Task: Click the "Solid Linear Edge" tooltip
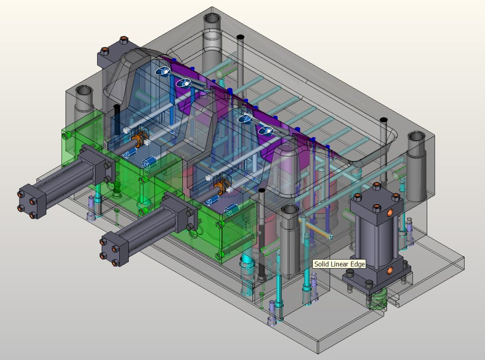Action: coord(339,264)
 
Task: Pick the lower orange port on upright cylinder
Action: coord(389,270)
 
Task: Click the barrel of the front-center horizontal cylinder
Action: coord(142,227)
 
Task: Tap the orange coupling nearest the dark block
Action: coord(138,140)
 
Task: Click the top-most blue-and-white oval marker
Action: coord(163,71)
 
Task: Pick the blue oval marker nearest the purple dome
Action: coord(264,130)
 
